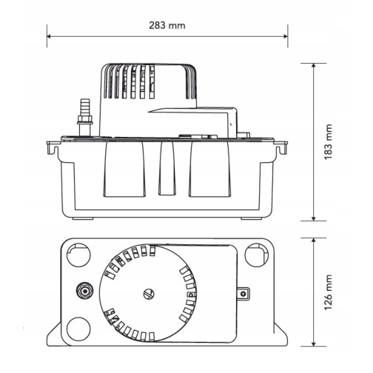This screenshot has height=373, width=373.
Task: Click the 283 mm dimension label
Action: (x=167, y=26)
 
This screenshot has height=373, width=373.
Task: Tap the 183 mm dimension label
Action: (x=328, y=142)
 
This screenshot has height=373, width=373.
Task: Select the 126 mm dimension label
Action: (x=328, y=292)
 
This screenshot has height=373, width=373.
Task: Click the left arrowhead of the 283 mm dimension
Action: (x=49, y=37)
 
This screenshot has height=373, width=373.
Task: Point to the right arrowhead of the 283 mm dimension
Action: (x=286, y=37)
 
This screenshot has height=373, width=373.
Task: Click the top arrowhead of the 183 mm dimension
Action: (x=313, y=66)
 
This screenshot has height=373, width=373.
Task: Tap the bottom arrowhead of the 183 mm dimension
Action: (x=313, y=218)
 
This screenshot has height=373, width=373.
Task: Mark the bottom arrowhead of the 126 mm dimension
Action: (x=313, y=344)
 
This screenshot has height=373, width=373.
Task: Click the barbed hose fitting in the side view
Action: (x=85, y=107)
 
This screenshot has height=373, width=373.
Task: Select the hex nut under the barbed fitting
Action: (x=85, y=119)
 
